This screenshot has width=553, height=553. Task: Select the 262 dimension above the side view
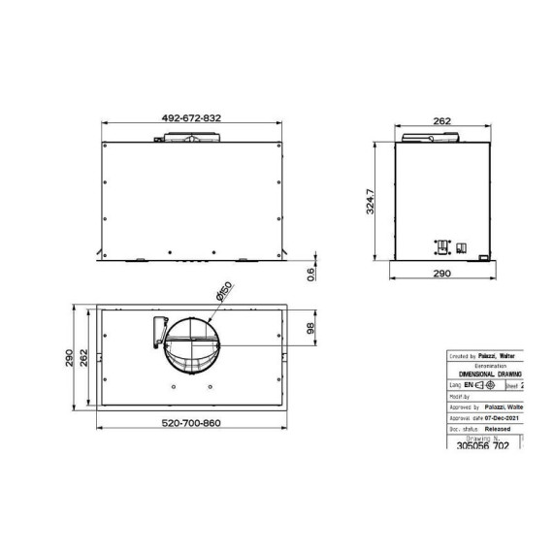[x=441, y=121]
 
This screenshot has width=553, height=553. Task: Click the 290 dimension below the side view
[x=441, y=276]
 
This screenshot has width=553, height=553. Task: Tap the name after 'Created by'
[x=501, y=356]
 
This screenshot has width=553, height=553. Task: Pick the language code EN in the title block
[x=471, y=385]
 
